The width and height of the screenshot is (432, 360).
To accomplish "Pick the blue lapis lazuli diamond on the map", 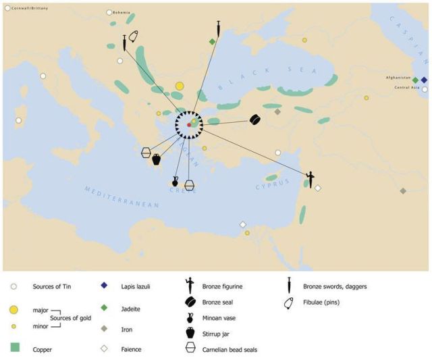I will click(424, 80).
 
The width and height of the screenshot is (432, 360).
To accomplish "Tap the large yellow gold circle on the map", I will click(179, 86).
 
